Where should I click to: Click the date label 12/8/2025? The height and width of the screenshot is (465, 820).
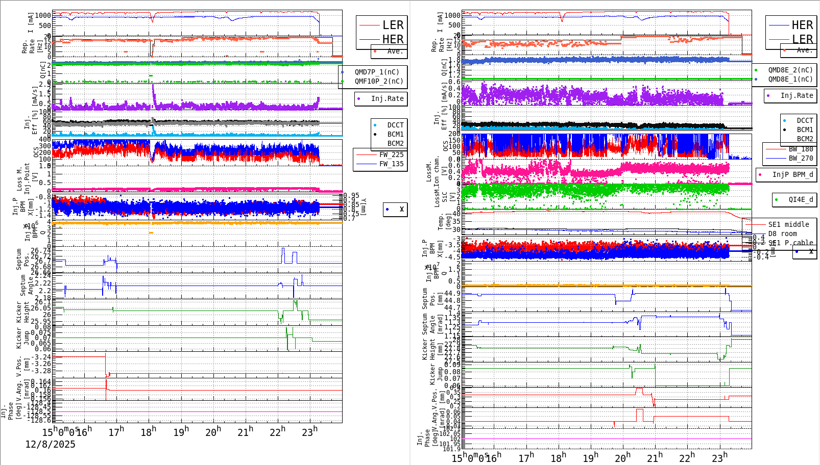pyautogui.click(x=50, y=444)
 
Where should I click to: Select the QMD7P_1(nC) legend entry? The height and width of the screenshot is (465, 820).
pyautogui.click(x=377, y=72)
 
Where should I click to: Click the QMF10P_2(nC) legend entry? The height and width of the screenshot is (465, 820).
pyautogui.click(x=379, y=81)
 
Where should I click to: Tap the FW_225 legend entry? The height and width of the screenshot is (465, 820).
pyautogui.click(x=391, y=154)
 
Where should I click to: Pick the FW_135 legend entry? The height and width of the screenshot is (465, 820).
pyautogui.click(x=391, y=164)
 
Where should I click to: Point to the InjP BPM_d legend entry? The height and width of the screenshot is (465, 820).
pyautogui.click(x=792, y=174)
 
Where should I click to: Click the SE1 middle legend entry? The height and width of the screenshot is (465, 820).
pyautogui.click(x=788, y=224)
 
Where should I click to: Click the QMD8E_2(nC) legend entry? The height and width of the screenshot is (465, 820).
pyautogui.click(x=790, y=70)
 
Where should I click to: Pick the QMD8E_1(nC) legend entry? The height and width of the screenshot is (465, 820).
pyautogui.click(x=790, y=79)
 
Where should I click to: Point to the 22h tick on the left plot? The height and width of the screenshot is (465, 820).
pyautogui.click(x=277, y=432)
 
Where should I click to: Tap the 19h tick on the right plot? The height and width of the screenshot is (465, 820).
pyautogui.click(x=590, y=457)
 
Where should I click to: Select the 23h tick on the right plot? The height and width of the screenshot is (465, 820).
pyautogui.click(x=719, y=457)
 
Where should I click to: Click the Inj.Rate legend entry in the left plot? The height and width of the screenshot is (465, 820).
pyautogui.click(x=387, y=98)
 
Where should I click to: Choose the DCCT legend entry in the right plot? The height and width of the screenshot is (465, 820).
pyautogui.click(x=805, y=121)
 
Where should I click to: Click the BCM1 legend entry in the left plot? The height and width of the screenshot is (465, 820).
pyautogui.click(x=395, y=134)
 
